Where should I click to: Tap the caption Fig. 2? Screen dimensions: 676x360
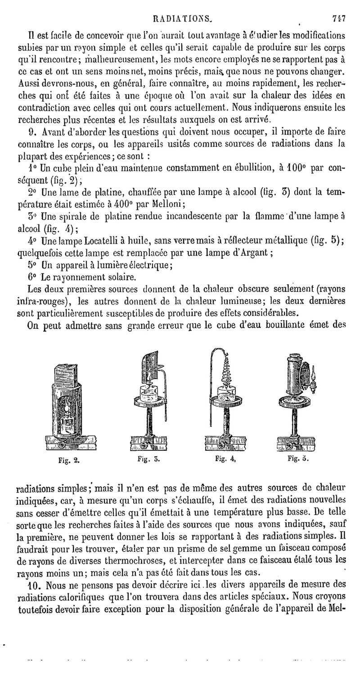tap(69, 460)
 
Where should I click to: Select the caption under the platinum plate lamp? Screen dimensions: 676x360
tap(148, 459)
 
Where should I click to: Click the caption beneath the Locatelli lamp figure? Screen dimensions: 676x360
tap(297, 459)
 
